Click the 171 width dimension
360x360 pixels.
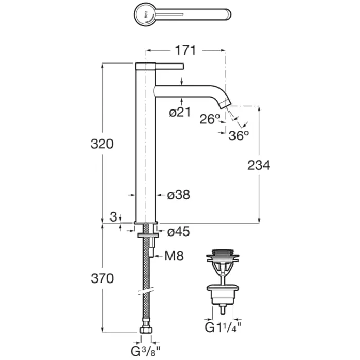[x=185, y=50]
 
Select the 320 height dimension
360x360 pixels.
[x=102, y=144]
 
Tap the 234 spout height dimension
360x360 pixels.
[x=259, y=165]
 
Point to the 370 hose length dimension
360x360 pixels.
[x=102, y=278]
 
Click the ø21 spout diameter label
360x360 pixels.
[x=180, y=112]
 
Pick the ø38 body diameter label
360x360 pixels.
[x=178, y=195]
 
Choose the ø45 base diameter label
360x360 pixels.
[x=178, y=231]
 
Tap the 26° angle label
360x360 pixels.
[x=210, y=119]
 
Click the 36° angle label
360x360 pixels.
[x=239, y=135]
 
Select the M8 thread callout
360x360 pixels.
[x=174, y=256]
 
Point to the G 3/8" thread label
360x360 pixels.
[x=146, y=351]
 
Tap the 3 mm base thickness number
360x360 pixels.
[x=113, y=217]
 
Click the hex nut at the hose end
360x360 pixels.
[x=146, y=330]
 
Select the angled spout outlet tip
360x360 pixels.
[x=224, y=103]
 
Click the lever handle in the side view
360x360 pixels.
[x=170, y=66]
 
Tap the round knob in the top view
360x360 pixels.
[x=144, y=14]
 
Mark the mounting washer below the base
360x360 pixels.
[x=148, y=235]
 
